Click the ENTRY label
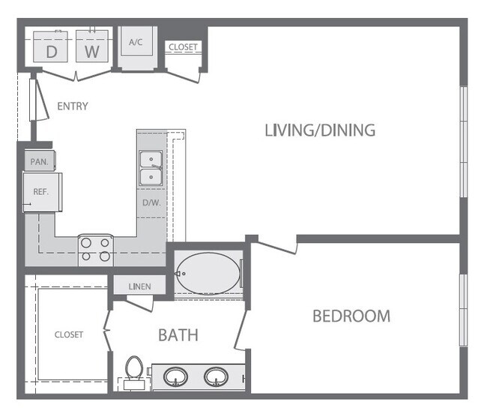pyautogui.click(x=72, y=106)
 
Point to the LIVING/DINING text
pyautogui.click(x=320, y=130)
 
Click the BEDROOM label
pyautogui.click(x=351, y=316)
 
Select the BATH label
pyautogui.click(x=178, y=334)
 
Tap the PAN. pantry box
pyautogui.click(x=38, y=161)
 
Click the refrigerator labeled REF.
pyautogui.click(x=41, y=192)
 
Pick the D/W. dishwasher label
pyautogui.click(x=151, y=202)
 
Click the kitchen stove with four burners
pyautogui.click(x=96, y=250)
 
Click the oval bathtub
pyautogui.click(x=207, y=274)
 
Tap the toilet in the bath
pyautogui.click(x=134, y=370)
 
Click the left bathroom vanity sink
pyautogui.click(x=177, y=376)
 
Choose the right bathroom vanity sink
pyautogui.click(x=217, y=376)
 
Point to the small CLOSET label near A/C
pyautogui.click(x=183, y=47)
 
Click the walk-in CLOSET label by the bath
pyautogui.click(x=69, y=334)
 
